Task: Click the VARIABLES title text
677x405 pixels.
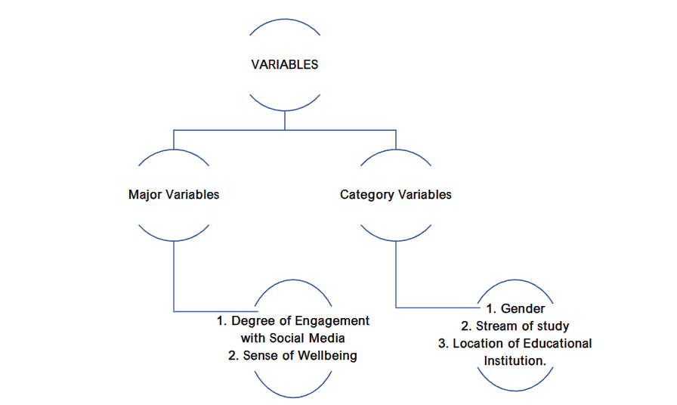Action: pyautogui.click(x=284, y=65)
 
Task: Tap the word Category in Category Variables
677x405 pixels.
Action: pyautogui.click(x=366, y=195)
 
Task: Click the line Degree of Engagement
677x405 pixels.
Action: pyautogui.click(x=293, y=320)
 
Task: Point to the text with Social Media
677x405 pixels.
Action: pyautogui.click(x=293, y=338)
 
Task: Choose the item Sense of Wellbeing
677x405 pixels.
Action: pyautogui.click(x=293, y=356)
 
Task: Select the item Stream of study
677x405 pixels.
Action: pyautogui.click(x=515, y=326)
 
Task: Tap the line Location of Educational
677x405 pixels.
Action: pyautogui.click(x=515, y=344)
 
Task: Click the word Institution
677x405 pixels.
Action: pyautogui.click(x=515, y=361)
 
